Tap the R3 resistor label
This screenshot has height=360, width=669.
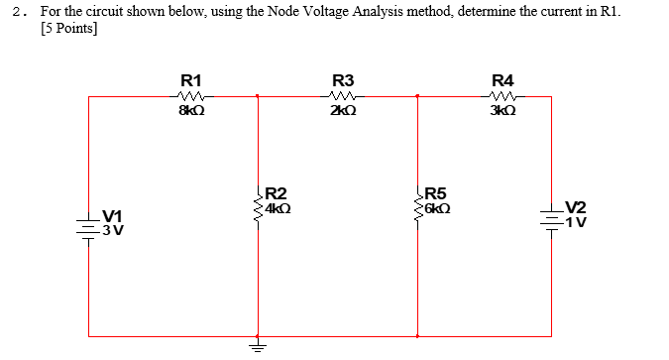pos(343,80)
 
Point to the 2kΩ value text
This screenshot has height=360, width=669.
pos(343,112)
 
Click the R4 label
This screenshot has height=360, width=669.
pos(502,80)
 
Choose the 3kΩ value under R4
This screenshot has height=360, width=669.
pos(502,112)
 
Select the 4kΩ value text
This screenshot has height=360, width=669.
pos(278,209)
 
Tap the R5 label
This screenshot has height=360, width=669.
pos(436,193)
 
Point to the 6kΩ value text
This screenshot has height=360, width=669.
pos(437,209)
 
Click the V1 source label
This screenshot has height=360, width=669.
pos(112,216)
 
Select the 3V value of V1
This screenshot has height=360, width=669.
pos(112,231)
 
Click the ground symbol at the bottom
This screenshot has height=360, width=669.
pos(259,346)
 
